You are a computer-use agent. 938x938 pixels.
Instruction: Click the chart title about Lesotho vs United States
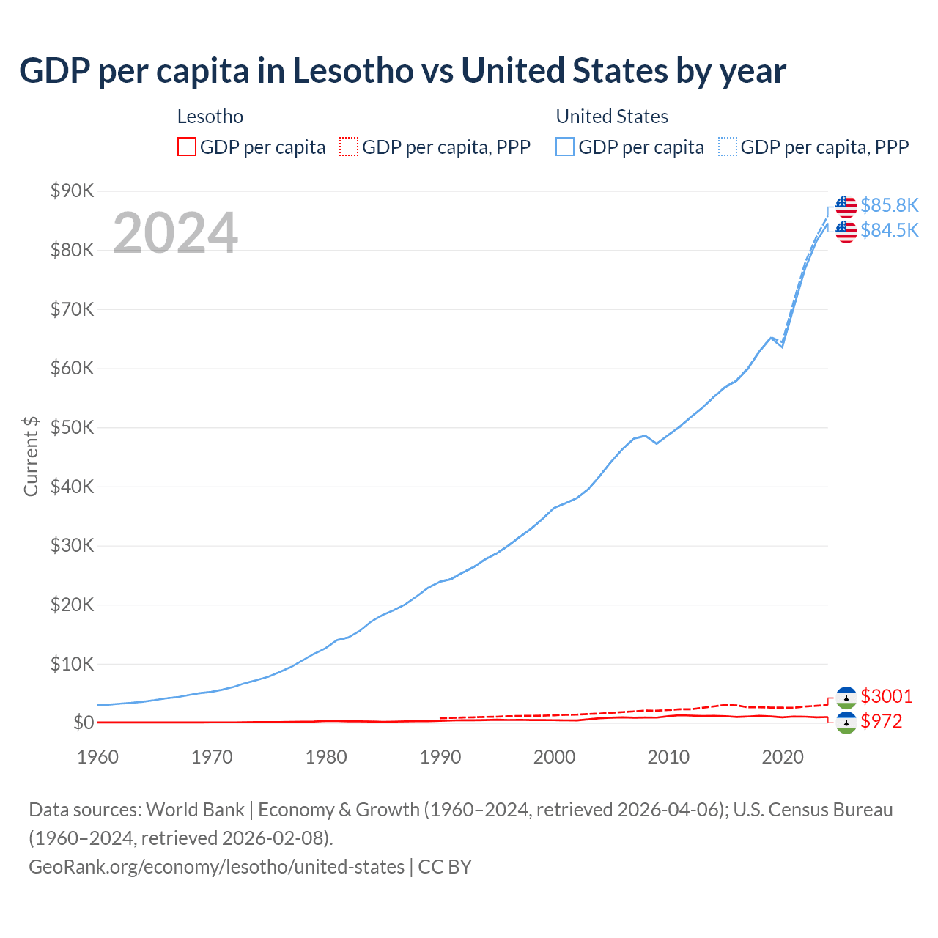402,71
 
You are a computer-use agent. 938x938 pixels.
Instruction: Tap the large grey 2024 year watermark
175,233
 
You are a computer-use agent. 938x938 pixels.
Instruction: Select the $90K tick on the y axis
72,191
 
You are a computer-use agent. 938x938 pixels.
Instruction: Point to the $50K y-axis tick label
72,428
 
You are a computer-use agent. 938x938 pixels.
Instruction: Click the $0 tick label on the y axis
84,723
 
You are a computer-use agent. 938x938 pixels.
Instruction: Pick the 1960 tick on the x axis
97,757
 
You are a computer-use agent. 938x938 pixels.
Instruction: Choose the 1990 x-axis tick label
440,757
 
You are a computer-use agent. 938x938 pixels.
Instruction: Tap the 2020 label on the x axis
783,757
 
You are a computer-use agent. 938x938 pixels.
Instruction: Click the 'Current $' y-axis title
31,456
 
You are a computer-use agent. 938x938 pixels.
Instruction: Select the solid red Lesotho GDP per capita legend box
187,147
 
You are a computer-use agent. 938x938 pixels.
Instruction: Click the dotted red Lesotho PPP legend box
349,147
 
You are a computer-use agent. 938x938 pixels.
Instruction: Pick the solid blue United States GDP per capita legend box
565,147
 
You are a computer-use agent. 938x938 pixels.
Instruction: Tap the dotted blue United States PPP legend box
728,147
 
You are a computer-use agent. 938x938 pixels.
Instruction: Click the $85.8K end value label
889,205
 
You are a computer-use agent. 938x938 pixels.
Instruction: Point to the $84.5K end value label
889,230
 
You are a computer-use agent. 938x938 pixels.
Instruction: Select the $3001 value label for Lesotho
887,696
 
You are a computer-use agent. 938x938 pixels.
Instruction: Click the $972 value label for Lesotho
882,722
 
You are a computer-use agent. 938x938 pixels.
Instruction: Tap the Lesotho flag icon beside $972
846,723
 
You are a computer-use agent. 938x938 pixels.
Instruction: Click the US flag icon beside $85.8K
846,207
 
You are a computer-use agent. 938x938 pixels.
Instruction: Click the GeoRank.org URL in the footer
216,867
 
